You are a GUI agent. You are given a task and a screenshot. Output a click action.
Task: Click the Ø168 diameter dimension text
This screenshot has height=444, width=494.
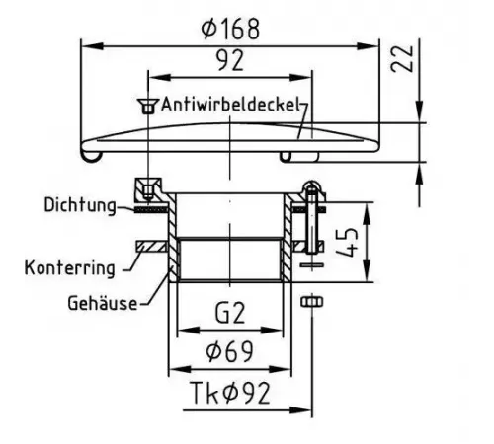click(x=230, y=29)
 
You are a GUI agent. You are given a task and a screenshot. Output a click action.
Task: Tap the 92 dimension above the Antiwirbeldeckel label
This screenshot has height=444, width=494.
click(x=230, y=60)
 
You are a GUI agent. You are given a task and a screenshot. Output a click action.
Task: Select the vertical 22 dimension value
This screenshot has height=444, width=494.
click(x=402, y=58)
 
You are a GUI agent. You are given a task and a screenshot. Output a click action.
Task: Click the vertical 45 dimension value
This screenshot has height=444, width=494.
click(x=347, y=243)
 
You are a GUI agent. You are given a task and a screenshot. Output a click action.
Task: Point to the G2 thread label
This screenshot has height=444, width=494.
click(x=230, y=313)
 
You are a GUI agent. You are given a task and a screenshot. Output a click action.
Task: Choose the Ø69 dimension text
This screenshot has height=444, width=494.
click(x=229, y=351)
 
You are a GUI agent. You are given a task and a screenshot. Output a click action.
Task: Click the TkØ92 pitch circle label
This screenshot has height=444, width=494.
click(x=230, y=393)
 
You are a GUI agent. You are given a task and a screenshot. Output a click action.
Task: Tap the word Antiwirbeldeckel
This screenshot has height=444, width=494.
click(x=230, y=105)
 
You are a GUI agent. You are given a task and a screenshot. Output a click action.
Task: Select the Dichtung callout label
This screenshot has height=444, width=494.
click(x=80, y=205)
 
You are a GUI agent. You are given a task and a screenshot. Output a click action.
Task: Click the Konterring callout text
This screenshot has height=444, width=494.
click(x=70, y=268)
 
